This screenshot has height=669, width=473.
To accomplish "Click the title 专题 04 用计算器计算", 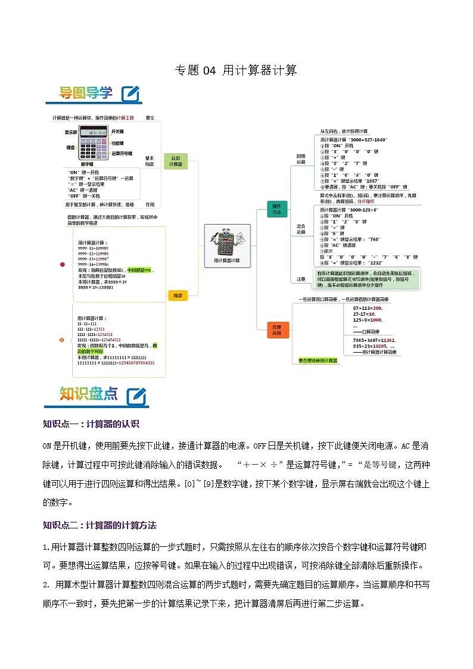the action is tap(236, 70).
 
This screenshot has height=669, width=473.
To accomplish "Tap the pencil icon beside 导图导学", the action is tap(130, 94).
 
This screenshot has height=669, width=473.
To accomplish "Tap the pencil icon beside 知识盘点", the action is tap(136, 396).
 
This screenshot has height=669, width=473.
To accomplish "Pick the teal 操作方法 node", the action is tap(277, 209).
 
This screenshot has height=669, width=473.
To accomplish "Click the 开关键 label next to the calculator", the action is tap(117, 132).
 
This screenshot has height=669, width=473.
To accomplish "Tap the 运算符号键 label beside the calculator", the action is tap(122, 153).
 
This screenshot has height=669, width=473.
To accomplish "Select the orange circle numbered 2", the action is tap(62, 340).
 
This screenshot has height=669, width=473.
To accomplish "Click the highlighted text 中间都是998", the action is tap(140, 270).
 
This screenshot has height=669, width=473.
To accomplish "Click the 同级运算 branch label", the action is tap(301, 158).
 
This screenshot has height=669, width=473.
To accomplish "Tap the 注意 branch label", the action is tap(301, 279).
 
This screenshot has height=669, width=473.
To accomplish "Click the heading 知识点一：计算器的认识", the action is tap(91, 424).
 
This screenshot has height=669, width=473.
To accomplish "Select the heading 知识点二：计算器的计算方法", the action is tap(99, 525).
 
